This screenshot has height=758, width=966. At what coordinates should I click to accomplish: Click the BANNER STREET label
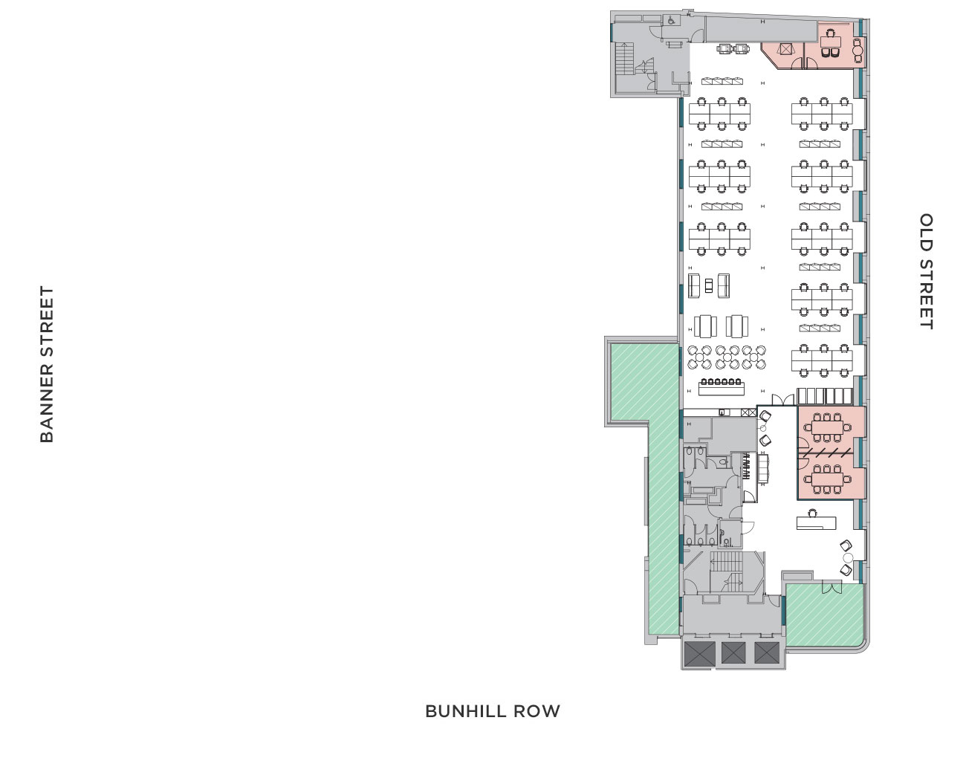click(x=47, y=364)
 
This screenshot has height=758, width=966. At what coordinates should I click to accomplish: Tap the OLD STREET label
click(x=926, y=271)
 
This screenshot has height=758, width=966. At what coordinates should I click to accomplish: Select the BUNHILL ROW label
click(x=492, y=711)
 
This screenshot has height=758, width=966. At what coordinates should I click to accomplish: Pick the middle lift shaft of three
click(x=733, y=652)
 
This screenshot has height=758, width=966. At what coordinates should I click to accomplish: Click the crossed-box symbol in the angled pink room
click(x=785, y=49)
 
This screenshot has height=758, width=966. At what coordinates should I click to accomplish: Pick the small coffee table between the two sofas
click(x=709, y=284)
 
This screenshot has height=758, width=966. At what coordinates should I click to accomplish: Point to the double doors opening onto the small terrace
click(x=831, y=588)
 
